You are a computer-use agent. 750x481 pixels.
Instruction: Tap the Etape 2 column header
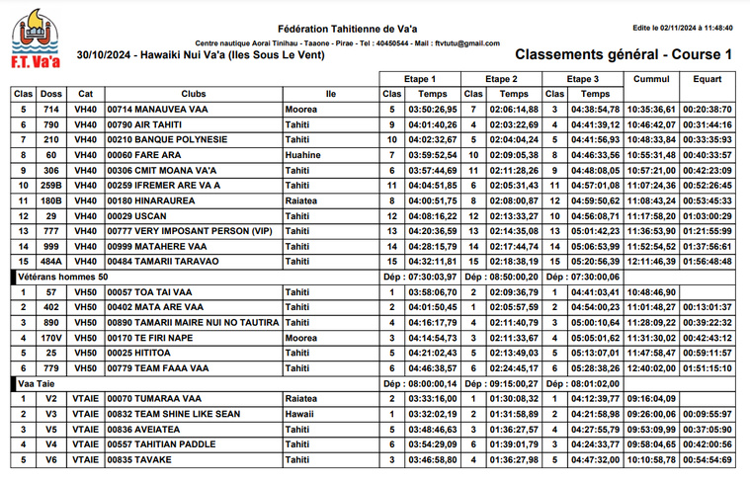coord(502,79)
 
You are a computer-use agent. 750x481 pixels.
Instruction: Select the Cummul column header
coord(650,79)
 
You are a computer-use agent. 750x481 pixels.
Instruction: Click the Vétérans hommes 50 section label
coord(63,277)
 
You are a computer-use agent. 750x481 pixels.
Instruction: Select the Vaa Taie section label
coord(37,383)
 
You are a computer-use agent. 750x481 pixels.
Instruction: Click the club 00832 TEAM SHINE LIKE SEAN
coord(174,414)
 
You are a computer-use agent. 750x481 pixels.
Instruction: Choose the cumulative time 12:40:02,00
coord(651,368)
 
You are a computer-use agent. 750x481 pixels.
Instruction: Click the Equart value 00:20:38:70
coord(707,110)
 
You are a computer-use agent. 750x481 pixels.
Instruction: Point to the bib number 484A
coord(51,262)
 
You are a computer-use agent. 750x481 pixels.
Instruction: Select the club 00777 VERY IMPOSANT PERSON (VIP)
coord(189,231)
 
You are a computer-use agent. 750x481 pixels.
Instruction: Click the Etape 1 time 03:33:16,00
coord(432,399)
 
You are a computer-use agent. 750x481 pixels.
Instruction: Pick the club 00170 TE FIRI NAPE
coord(151,338)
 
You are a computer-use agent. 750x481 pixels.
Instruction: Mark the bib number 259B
coord(51,186)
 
